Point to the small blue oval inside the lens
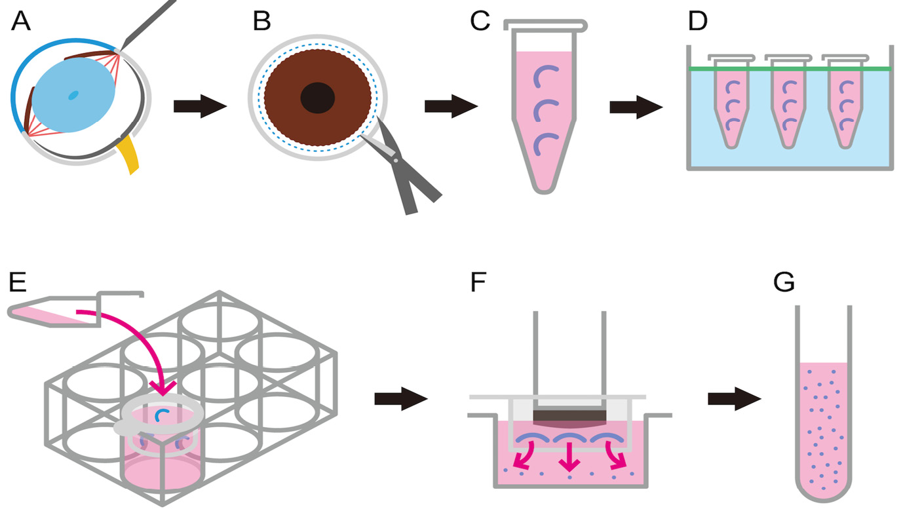[73, 95]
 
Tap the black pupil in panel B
[318, 98]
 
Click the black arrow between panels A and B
[199, 106]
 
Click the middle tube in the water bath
[788, 105]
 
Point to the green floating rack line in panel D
[790, 68]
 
